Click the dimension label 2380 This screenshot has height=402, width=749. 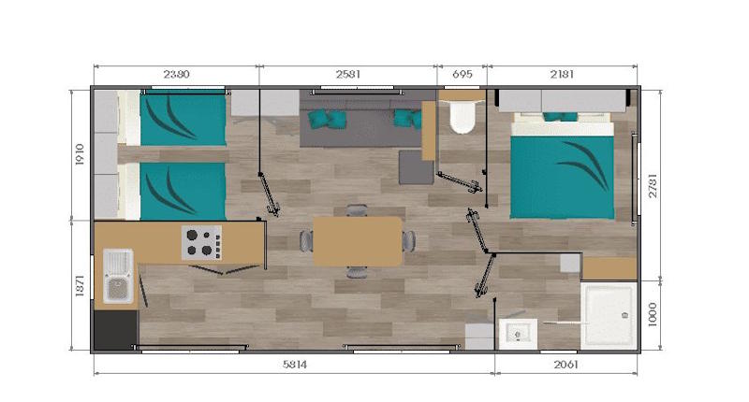[x=176, y=73]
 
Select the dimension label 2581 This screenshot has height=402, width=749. [x=348, y=73]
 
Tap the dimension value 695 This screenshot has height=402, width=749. [x=463, y=73]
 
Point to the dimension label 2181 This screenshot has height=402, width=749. [x=562, y=73]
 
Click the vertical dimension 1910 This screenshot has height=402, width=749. [x=81, y=154]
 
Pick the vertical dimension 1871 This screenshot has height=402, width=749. [x=81, y=285]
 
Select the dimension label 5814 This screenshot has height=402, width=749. [x=294, y=365]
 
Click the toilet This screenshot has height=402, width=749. [x=461, y=117]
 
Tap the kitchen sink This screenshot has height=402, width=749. [x=117, y=277]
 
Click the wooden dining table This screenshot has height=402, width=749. [x=357, y=241]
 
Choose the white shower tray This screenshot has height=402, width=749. [x=609, y=315]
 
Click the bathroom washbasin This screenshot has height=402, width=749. [x=516, y=331]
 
